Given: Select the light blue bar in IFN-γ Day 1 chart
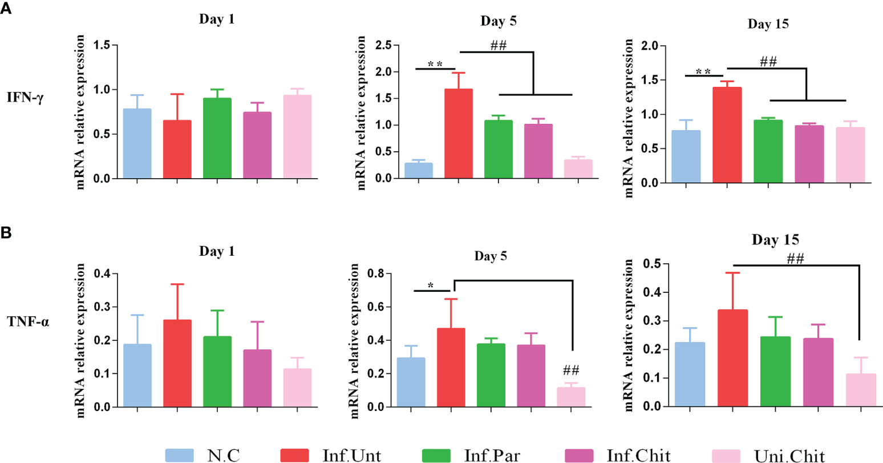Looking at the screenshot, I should pyautogui.click(x=137, y=143).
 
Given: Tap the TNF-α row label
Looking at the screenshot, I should pyautogui.click(x=26, y=321).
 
